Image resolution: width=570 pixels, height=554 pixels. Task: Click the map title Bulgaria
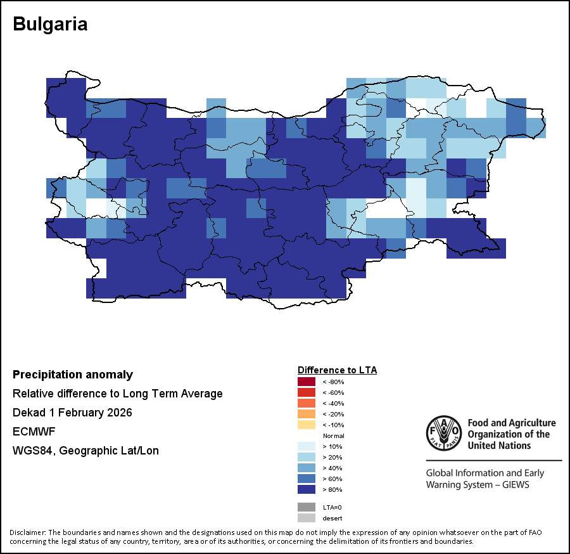[50, 24]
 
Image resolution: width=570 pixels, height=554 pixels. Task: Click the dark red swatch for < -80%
[307, 382]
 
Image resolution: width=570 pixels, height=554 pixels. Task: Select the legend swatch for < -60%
[307, 392]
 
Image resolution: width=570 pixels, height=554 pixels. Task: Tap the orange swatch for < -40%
[307, 403]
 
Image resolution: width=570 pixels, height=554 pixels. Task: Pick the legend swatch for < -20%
[307, 414]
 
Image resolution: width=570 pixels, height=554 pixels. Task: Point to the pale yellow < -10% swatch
[307, 425]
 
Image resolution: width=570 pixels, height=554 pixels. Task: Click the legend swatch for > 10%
[307, 446]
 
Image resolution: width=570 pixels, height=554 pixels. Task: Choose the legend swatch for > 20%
[307, 457]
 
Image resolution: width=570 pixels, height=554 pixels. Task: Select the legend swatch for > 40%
[307, 468]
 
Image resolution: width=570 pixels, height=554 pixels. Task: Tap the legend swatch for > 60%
[307, 479]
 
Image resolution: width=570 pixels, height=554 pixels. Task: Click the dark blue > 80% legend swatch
[307, 489]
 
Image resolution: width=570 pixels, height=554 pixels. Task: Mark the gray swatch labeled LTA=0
[307, 507]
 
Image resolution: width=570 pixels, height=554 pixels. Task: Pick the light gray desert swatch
[307, 518]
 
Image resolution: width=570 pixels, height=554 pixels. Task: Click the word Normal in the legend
[333, 436]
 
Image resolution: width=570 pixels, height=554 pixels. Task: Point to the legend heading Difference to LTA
[337, 370]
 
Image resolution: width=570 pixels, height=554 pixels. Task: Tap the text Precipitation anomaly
[73, 375]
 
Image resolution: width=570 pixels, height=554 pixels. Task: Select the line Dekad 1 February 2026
[72, 413]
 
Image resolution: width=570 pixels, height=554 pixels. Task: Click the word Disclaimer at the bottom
[27, 532]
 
